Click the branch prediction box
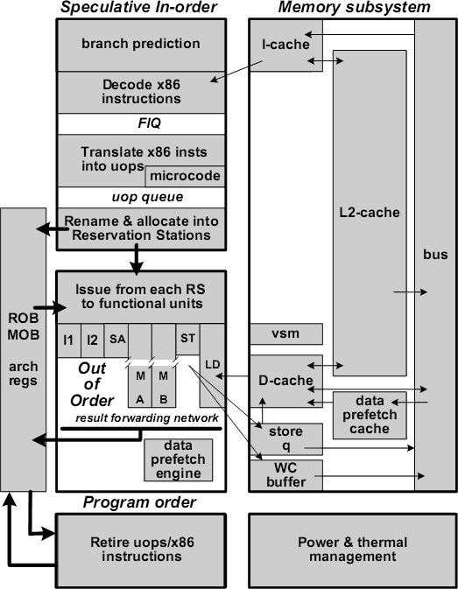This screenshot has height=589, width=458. tap(141, 44)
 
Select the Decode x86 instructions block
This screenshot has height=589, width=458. tap(141, 92)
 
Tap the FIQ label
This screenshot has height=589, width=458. tap(141, 124)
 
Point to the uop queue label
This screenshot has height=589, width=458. tap(141, 196)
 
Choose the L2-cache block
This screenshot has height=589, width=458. tap(370, 213)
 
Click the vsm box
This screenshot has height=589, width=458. tap(285, 333)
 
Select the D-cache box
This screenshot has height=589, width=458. tap(285, 381)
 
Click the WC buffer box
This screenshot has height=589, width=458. tap(285, 473)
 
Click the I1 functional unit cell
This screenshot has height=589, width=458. tap(68, 340)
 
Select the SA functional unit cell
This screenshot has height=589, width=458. tap(117, 340)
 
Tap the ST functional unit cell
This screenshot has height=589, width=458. tap(187, 339)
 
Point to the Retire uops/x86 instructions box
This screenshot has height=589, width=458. tap(141, 550)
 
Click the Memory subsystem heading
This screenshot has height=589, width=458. tap(353, 8)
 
